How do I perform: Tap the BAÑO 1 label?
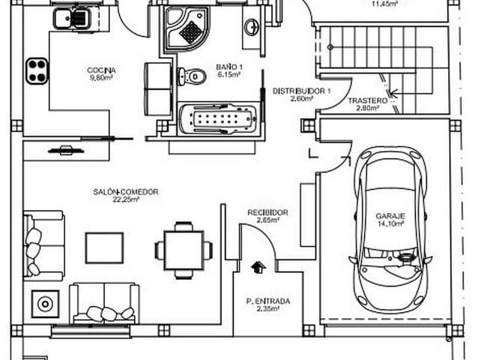[x=228, y=66]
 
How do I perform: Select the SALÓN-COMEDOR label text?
[x=126, y=192]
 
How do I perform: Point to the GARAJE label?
[x=390, y=215]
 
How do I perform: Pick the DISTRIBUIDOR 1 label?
[x=301, y=90]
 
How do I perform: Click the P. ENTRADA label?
[x=267, y=301]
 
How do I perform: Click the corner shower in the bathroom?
[x=187, y=28]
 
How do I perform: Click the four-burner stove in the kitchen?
[x=37, y=70]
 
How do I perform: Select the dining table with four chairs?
[x=184, y=249]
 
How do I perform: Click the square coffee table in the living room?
[x=104, y=247]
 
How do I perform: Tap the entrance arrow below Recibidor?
[x=259, y=266]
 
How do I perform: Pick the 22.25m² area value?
[x=125, y=200]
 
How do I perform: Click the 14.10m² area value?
[x=390, y=223]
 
